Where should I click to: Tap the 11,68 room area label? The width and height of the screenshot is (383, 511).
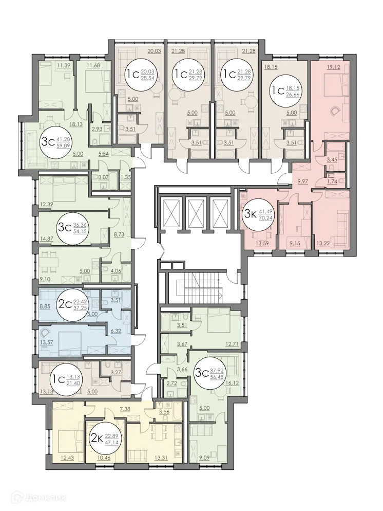pos(93,65)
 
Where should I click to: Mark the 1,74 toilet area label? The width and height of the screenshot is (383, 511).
pos(333,181)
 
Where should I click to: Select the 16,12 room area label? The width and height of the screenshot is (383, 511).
pos(232,383)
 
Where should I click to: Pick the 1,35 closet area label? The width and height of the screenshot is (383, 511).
pos(125,178)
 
